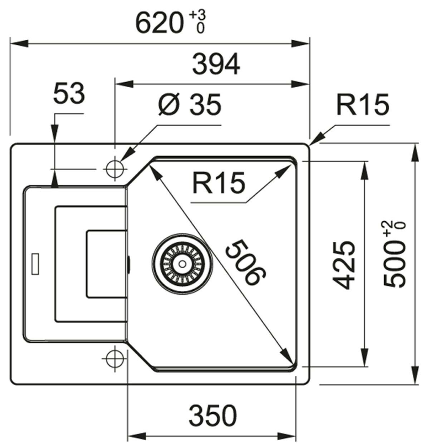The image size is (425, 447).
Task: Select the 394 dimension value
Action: [216, 64]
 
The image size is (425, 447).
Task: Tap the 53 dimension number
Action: [69, 93]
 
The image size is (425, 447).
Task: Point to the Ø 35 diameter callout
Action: [190, 105]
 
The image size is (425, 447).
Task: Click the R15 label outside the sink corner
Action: [363, 105]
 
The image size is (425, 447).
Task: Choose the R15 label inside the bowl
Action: [219, 183]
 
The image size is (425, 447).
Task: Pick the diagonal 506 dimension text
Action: [246, 263]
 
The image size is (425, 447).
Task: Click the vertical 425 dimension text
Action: [343, 265]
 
